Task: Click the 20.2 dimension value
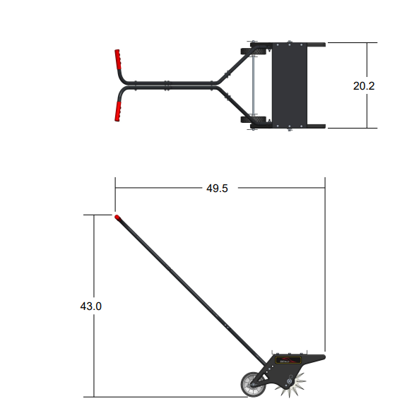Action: coord(364,86)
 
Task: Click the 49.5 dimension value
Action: coord(217,189)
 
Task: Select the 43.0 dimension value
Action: coord(91,306)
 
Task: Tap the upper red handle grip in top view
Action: coord(117,59)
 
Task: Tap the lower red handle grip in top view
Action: coord(117,112)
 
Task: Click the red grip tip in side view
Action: coord(117,217)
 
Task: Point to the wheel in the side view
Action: coord(253,384)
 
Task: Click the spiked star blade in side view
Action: coord(291,385)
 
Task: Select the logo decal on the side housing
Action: coord(288,360)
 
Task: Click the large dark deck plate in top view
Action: coord(290,85)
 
